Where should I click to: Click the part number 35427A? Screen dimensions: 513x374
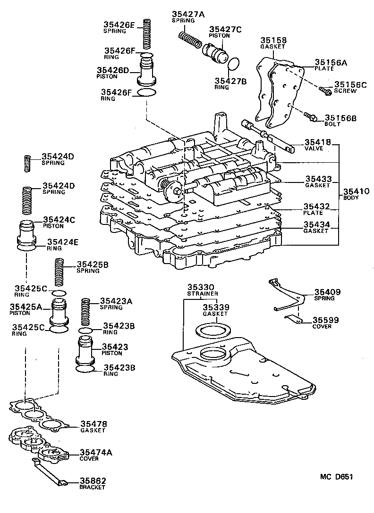tap(188, 15)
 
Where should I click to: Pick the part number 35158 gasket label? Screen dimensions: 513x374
tap(274, 41)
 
